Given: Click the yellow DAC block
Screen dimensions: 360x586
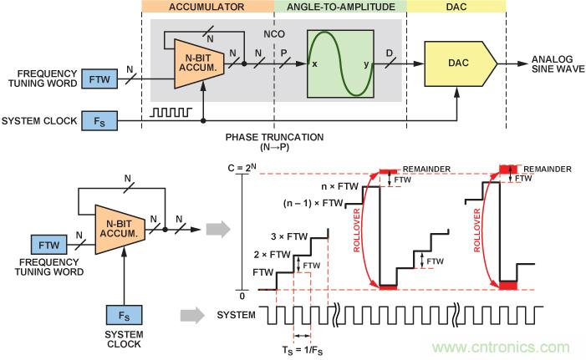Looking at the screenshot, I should click(x=456, y=62).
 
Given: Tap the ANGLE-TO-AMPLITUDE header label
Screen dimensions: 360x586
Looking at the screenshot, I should click(x=340, y=6).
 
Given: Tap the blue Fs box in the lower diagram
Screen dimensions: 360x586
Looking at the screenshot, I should click(x=125, y=318).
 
